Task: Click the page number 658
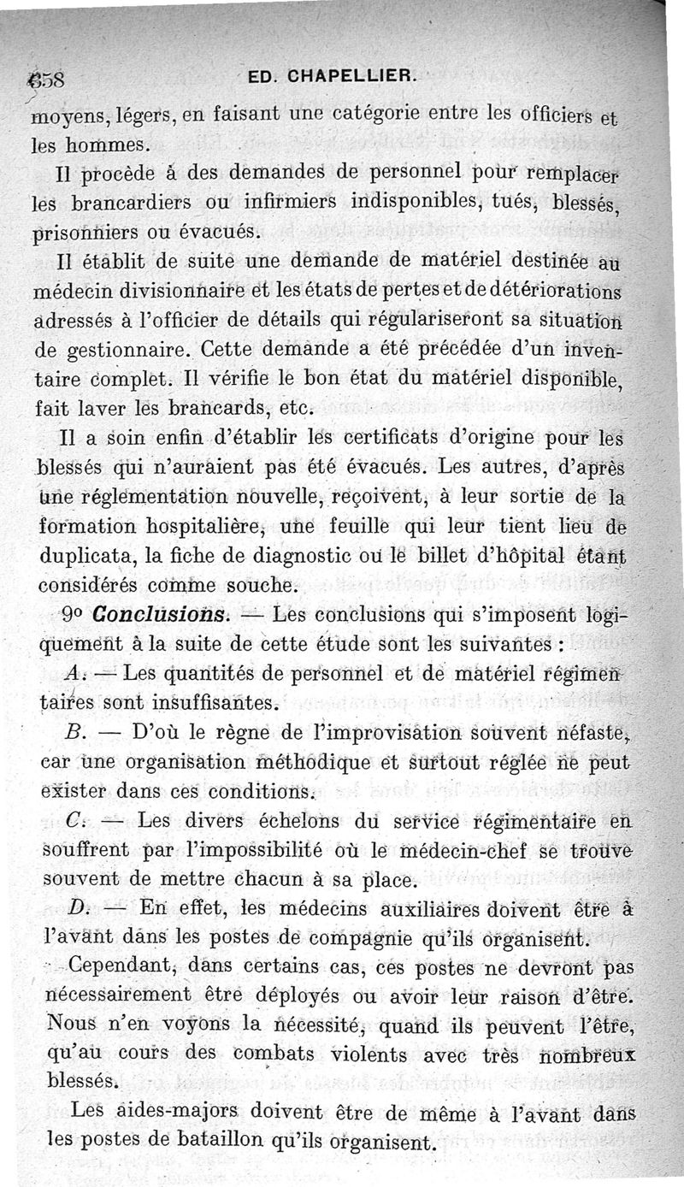click(x=50, y=81)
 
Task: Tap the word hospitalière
click(x=162, y=525)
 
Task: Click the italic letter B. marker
click(x=74, y=733)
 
